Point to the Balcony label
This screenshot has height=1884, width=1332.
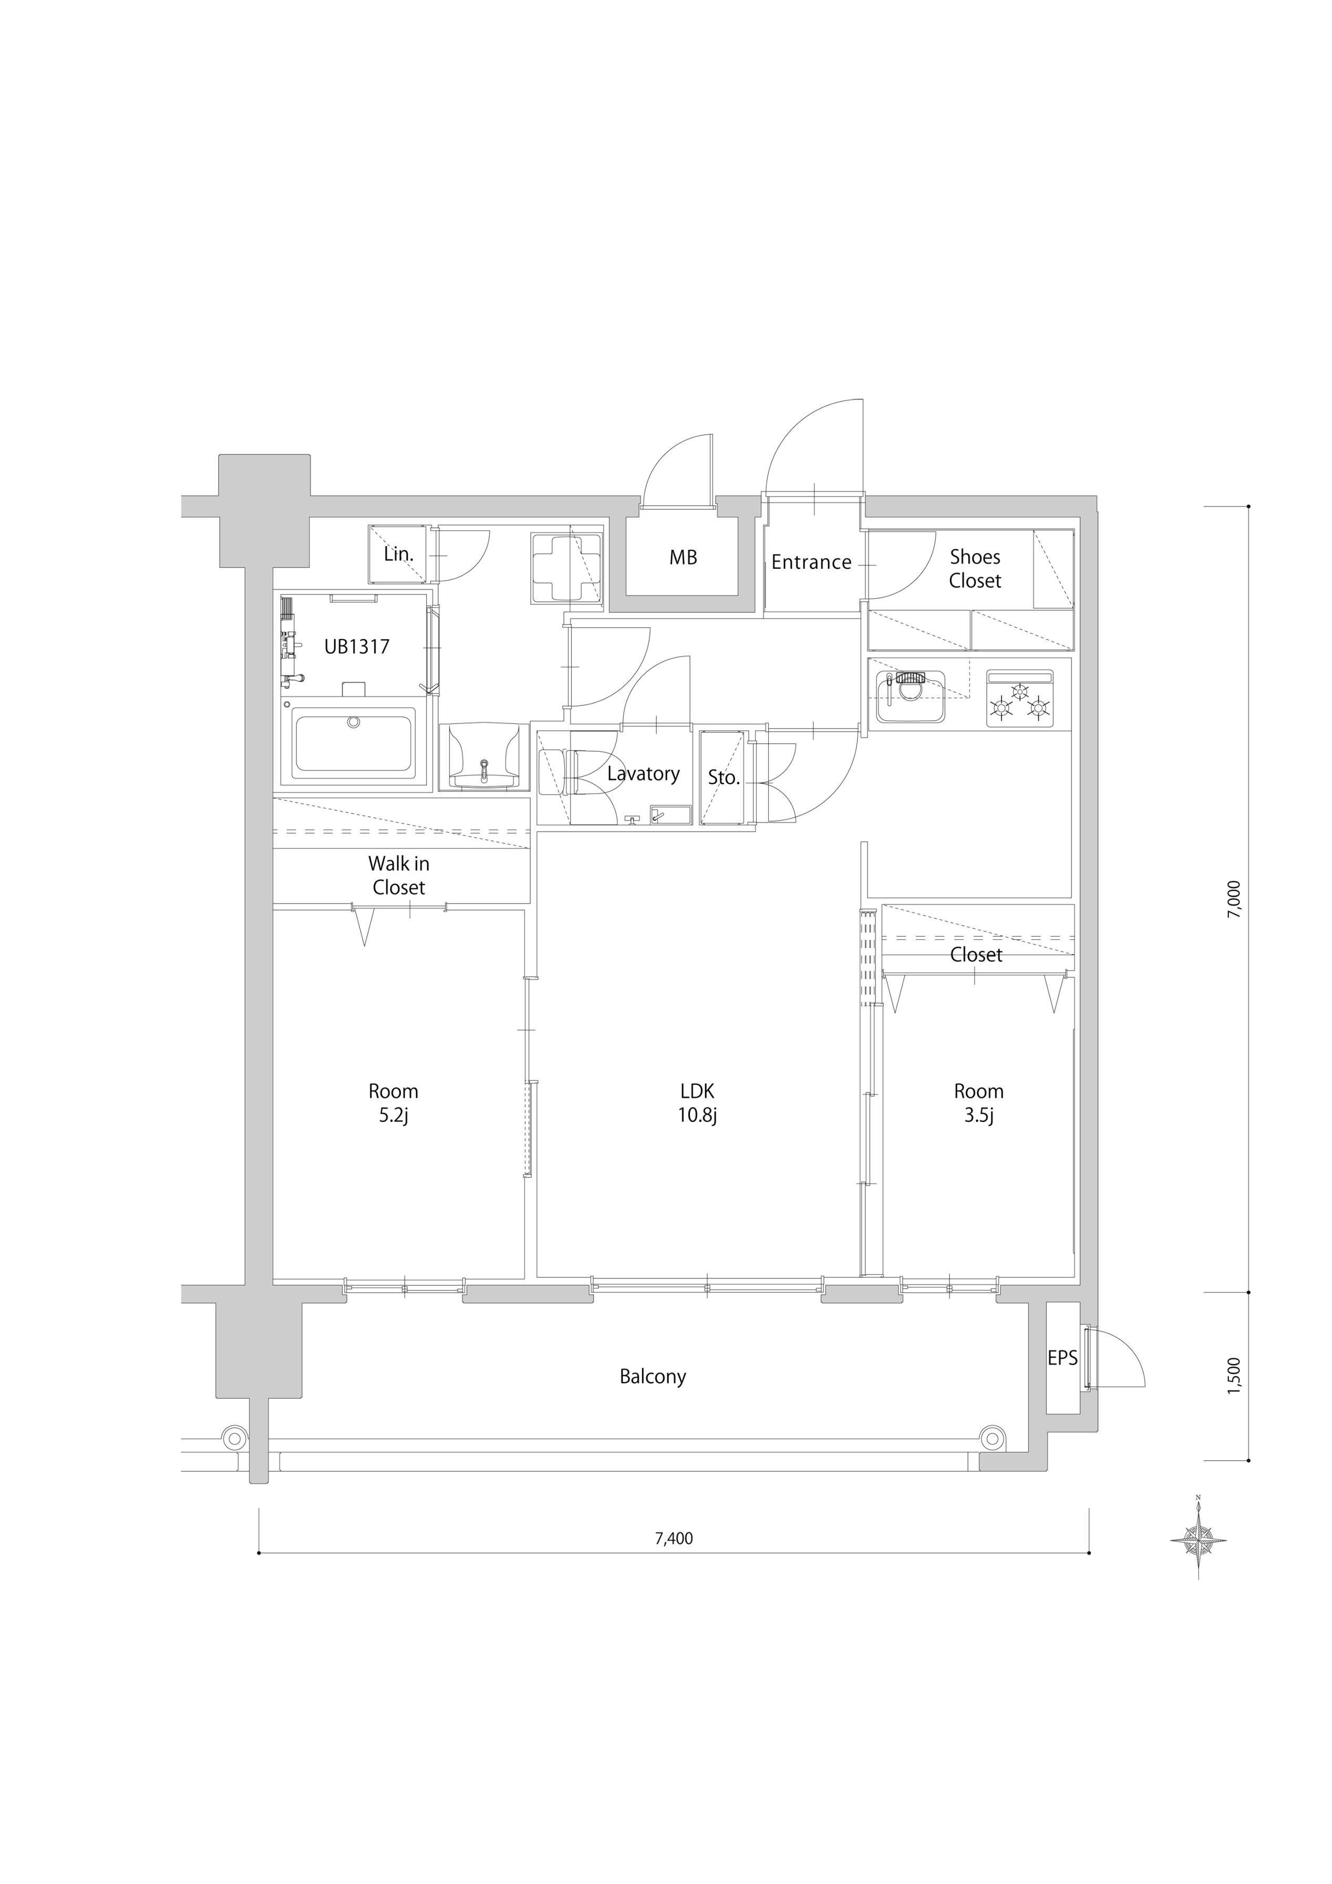click(653, 1376)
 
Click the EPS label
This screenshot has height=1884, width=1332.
click(1062, 1358)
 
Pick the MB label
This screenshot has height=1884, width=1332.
click(683, 557)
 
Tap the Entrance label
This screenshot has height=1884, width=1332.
click(811, 562)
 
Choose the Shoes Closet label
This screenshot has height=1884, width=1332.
click(975, 569)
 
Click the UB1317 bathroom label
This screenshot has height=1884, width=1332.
click(357, 647)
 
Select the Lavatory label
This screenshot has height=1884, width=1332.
click(644, 774)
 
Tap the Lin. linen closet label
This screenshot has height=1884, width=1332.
click(399, 554)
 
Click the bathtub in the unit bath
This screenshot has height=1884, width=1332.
click(354, 743)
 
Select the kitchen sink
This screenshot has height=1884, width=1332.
click(911, 697)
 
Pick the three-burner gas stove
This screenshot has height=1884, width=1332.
click(1019, 698)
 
